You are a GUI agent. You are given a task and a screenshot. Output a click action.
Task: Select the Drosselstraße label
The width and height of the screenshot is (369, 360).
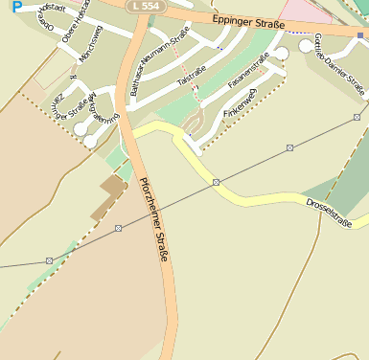[x=329, y=214]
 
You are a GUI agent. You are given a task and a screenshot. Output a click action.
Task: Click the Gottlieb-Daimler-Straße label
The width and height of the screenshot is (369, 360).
[x=340, y=64]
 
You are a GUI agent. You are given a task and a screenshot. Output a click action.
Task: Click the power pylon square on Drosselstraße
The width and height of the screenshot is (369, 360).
[x=217, y=182]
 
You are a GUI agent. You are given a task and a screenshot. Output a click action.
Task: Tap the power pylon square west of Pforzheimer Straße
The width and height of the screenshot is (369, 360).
[x=118, y=228]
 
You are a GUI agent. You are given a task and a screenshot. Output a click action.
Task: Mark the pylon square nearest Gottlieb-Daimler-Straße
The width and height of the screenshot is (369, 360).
[x=289, y=147]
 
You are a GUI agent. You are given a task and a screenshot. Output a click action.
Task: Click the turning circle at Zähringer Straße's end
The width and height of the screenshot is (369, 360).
[x=90, y=141]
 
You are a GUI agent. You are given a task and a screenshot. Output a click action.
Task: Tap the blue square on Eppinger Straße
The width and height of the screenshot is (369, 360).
[x=360, y=34]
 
